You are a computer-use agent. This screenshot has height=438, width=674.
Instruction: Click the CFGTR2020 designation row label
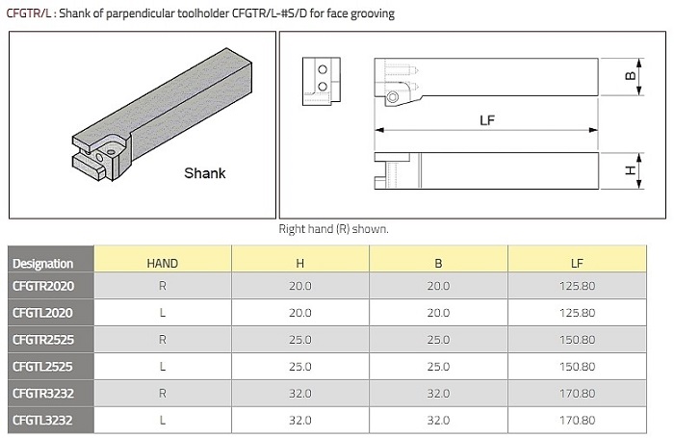tap(43, 286)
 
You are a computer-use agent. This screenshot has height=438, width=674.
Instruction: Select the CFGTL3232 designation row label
tap(42, 420)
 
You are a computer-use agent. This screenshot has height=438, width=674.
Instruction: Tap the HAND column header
tap(163, 263)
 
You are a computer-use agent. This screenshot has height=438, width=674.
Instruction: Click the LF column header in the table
tap(577, 263)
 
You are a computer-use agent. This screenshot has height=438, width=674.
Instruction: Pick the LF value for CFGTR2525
tap(578, 340)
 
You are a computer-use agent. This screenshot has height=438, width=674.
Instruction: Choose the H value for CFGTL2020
tap(300, 313)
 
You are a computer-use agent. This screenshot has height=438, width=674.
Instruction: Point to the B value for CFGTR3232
tap(438, 394)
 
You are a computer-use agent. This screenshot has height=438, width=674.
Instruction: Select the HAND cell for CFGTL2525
tap(163, 366)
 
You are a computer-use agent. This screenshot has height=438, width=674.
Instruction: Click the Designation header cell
tap(43, 264)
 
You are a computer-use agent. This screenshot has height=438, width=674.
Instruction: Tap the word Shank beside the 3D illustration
tap(204, 173)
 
